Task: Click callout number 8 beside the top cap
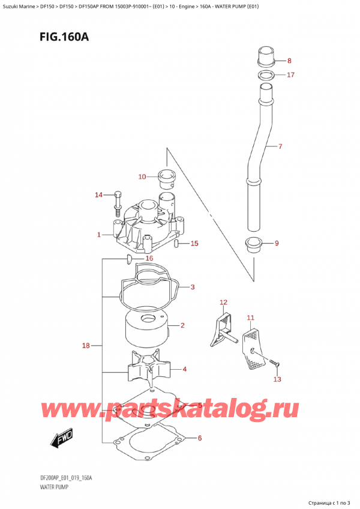(x=290, y=61)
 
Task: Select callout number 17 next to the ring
(x=290, y=75)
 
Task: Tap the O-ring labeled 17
(x=266, y=75)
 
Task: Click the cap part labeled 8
(x=265, y=57)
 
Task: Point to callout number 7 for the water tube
(x=279, y=146)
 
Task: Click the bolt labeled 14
(x=117, y=204)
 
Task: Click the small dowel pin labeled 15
(x=176, y=244)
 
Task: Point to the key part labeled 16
(x=128, y=259)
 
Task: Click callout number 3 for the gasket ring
(x=192, y=288)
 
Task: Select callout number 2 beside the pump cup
(x=181, y=326)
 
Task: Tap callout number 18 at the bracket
(x=86, y=346)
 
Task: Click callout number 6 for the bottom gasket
(x=199, y=438)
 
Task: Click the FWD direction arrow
(x=62, y=439)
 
